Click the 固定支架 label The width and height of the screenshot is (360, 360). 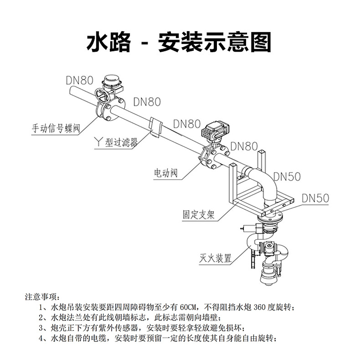click(198, 215)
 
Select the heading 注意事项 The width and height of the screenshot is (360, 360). click(42, 297)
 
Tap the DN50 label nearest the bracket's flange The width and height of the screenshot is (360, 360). click(315, 198)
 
